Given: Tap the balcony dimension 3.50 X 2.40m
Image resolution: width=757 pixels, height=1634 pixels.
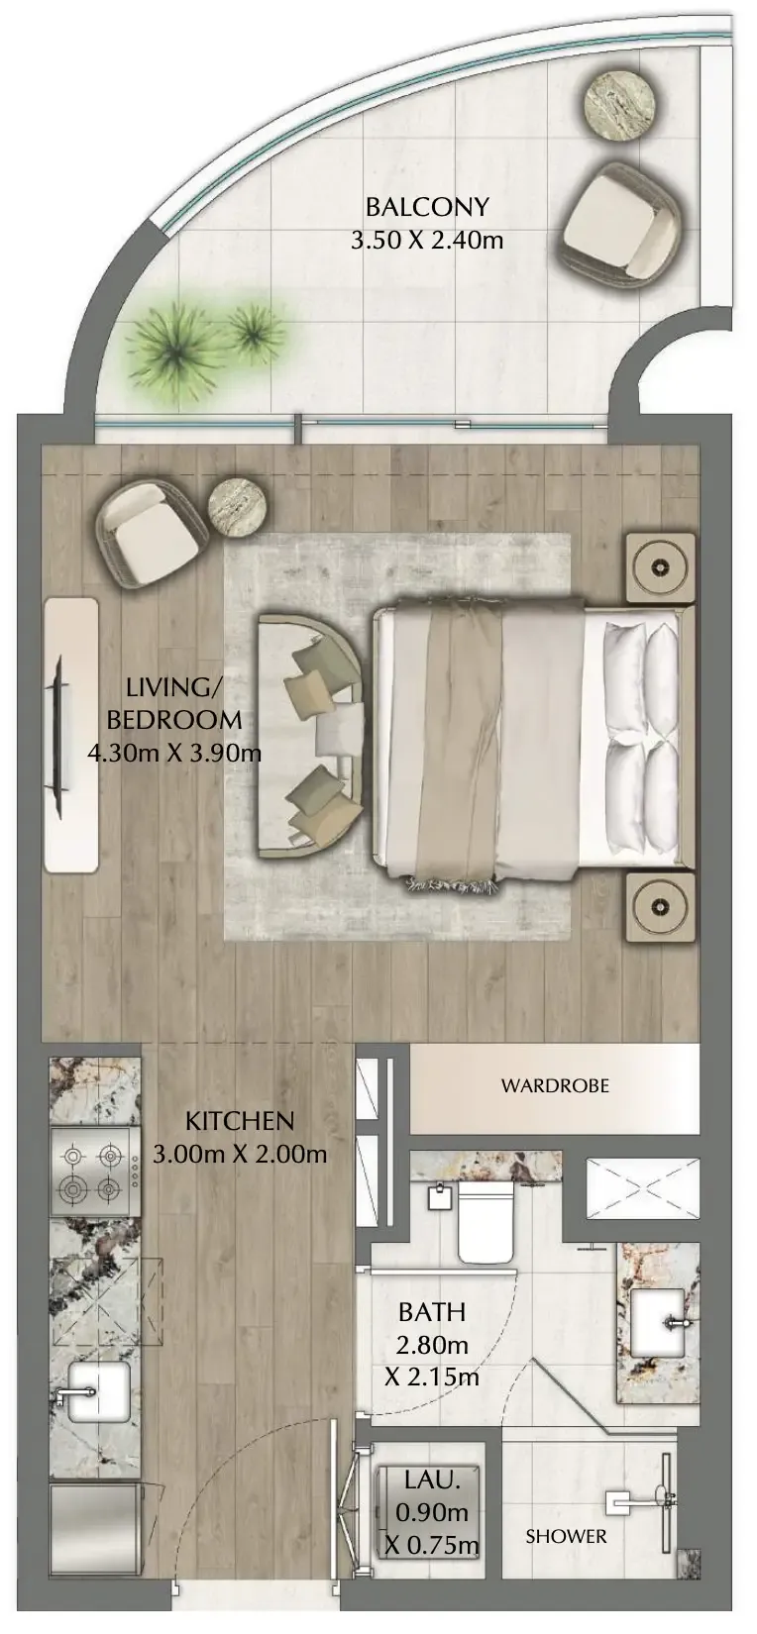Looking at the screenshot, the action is coord(426,240).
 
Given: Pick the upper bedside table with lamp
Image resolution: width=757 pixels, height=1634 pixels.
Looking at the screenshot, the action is coord(659,566).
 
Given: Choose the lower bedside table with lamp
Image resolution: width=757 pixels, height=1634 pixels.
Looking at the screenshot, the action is coord(659,907).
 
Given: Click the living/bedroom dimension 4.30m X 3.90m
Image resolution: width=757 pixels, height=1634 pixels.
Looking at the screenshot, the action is coord(173,752).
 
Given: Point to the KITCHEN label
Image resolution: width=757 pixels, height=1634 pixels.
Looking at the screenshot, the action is coord(240,1120).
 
